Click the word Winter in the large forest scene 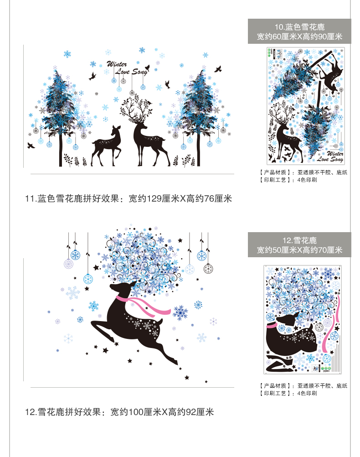point(117,64)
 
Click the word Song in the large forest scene point(140,72)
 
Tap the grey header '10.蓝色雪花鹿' point(299,27)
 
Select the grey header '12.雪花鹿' point(299,240)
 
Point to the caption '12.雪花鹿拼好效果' point(63,412)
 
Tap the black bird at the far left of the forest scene point(31,145)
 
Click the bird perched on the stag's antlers point(150,102)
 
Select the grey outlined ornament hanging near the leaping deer point(208,269)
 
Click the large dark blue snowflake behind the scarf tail point(180,312)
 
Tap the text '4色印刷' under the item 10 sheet point(307,180)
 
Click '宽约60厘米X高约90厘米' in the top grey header point(299,37)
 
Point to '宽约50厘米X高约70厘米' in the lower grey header point(299,250)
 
